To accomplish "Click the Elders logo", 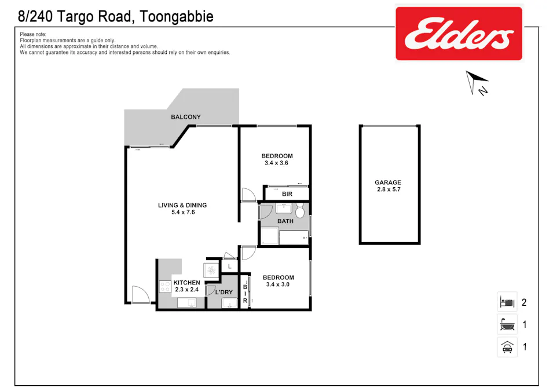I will (459, 33).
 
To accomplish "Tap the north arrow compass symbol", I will (477, 81).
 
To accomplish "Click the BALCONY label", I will (186, 117).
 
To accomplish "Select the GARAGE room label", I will (387, 182).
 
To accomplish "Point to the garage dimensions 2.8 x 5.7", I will (387, 189).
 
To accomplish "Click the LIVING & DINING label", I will (182, 205).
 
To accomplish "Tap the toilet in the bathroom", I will (300, 210).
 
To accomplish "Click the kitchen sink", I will (188, 302).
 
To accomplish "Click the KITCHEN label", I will (187, 283).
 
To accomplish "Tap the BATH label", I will (285, 221).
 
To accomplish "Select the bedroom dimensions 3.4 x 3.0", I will (278, 284).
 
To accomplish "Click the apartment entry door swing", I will (139, 295).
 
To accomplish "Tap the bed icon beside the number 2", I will (507, 302).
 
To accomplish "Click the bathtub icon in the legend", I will (507, 324).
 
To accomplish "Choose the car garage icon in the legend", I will (507, 347).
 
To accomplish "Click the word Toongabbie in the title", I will (176, 16).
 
